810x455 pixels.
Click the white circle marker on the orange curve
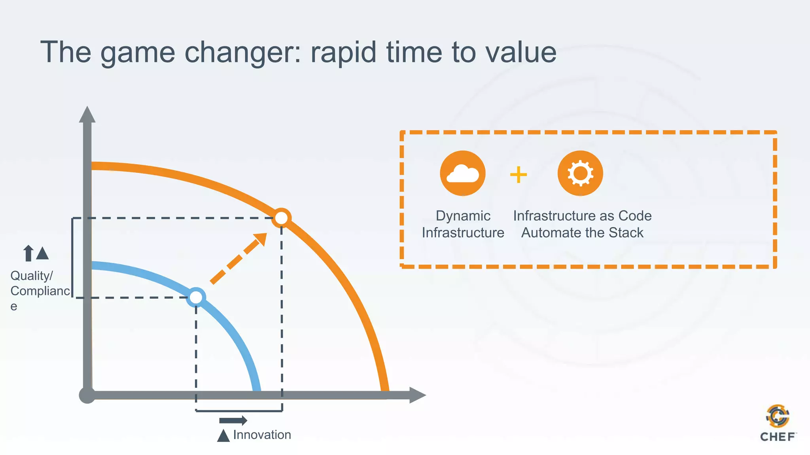pyautogui.click(x=282, y=218)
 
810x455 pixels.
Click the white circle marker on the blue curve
pyautogui.click(x=196, y=297)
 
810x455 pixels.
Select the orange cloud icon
pyautogui.click(x=462, y=173)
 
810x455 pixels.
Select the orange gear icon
pyautogui.click(x=580, y=173)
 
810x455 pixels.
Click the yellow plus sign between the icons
pyautogui.click(x=518, y=175)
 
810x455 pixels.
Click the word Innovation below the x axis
pyautogui.click(x=262, y=434)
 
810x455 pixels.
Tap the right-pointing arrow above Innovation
pyautogui.click(x=233, y=420)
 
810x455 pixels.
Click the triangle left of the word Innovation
pyautogui.click(x=223, y=435)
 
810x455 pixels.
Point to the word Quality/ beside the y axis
pyautogui.click(x=31, y=276)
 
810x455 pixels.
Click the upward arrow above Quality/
pyautogui.click(x=28, y=253)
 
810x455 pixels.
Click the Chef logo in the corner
pyautogui.click(x=778, y=423)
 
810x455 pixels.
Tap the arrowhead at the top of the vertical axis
pyautogui.click(x=87, y=115)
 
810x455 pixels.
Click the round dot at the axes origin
pyautogui.click(x=87, y=395)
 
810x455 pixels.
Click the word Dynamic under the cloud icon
pyautogui.click(x=463, y=216)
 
